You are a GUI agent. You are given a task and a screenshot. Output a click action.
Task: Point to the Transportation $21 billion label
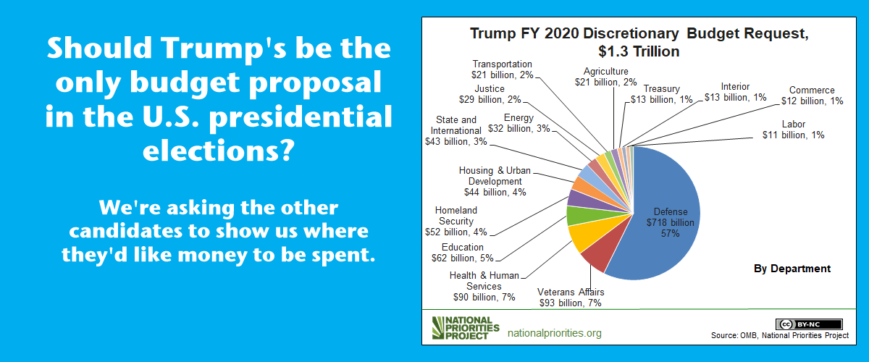pyautogui.click(x=502, y=70)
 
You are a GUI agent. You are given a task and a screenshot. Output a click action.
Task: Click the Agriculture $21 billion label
pyautogui.click(x=610, y=77)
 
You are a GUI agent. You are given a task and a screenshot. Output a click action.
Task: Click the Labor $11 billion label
pyautogui.click(x=792, y=129)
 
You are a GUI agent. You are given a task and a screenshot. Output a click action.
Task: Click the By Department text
pyautogui.click(x=792, y=268)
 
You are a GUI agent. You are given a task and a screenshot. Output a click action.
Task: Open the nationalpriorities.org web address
pyautogui.click(x=555, y=333)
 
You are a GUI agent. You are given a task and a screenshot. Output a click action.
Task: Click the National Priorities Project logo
pyautogui.click(x=465, y=328)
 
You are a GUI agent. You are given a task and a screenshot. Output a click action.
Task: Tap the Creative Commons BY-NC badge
pyautogui.click(x=809, y=324)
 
